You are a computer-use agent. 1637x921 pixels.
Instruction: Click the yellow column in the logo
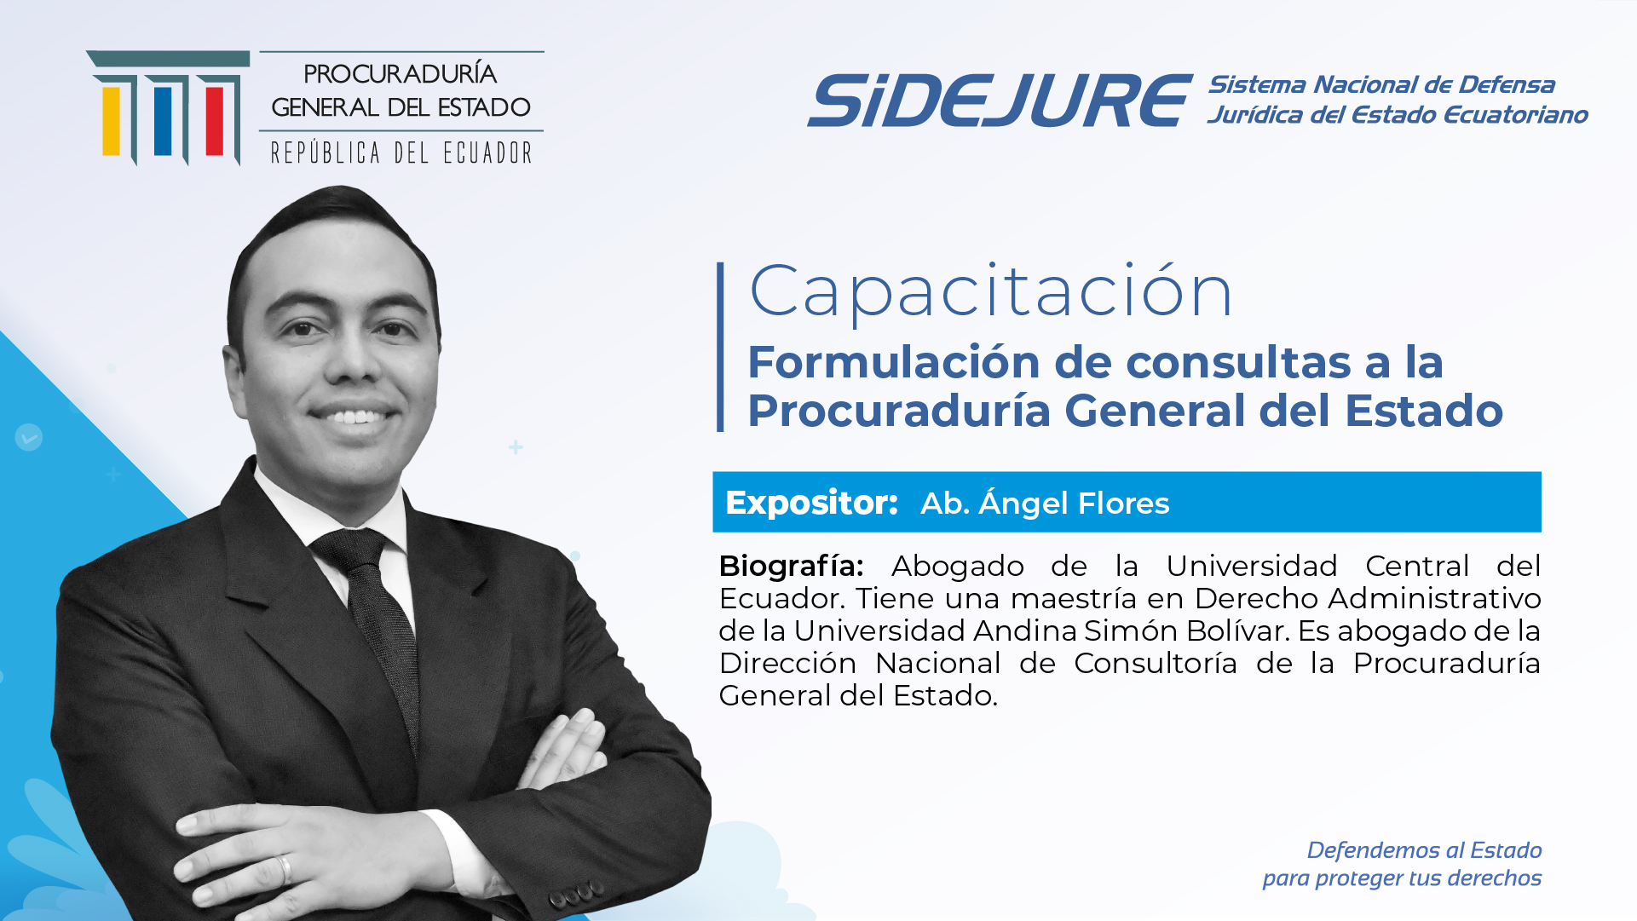112,121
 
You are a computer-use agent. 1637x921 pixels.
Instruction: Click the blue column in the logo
163,121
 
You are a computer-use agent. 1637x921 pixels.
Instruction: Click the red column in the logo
214,121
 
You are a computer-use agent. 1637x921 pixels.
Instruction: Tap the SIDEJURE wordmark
1000,101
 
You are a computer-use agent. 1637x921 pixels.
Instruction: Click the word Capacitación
990,291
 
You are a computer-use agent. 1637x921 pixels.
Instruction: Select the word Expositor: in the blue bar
811,503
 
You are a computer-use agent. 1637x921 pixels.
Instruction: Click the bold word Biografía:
791,566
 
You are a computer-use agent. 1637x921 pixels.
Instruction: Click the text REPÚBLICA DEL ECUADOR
401,153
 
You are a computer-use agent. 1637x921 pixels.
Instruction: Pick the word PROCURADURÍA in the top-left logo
401,73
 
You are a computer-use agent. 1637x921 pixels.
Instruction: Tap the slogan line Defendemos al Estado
1424,850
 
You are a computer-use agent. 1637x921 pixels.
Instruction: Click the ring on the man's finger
284,869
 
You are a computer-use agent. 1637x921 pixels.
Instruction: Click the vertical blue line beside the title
720,347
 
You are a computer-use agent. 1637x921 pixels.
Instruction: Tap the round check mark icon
28,438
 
